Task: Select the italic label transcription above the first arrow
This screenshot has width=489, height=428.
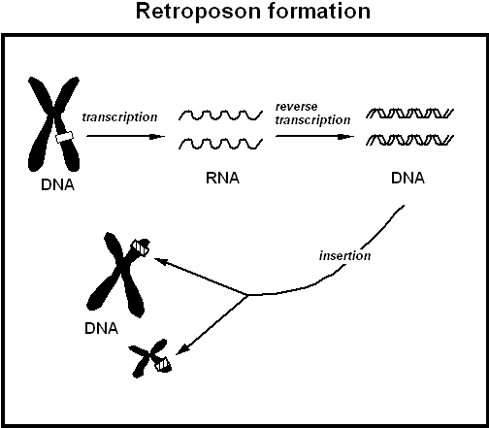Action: tap(119, 116)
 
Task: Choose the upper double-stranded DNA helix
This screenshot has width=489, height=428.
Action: tap(410, 116)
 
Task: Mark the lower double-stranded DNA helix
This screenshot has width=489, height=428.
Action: tap(410, 143)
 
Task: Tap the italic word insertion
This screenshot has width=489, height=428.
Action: tap(343, 256)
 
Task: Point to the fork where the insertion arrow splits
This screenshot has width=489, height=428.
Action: tap(248, 294)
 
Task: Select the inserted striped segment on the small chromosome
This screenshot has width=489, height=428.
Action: tap(164, 364)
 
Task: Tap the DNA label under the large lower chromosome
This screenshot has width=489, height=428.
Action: tap(100, 328)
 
